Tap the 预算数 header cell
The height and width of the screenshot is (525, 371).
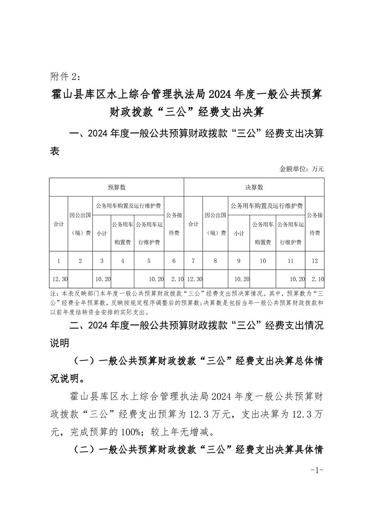[116, 187]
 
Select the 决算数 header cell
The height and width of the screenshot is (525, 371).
[254, 187]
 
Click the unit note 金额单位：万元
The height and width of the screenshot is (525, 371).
[301, 169]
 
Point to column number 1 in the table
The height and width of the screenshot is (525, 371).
[59, 261]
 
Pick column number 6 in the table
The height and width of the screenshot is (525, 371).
[174, 261]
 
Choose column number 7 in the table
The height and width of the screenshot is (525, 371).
[193, 261]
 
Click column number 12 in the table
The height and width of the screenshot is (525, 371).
[315, 261]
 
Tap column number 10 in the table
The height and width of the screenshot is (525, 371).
[263, 261]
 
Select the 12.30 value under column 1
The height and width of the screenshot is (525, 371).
[60, 279]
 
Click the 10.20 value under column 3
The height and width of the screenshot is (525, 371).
[103, 279]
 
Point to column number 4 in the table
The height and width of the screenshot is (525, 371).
[123, 261]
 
